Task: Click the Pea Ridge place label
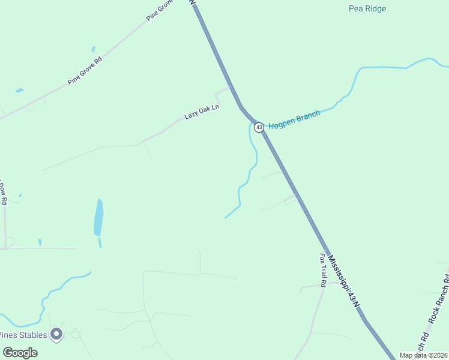click(x=367, y=8)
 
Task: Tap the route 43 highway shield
click(x=259, y=127)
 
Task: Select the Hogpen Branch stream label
click(x=294, y=121)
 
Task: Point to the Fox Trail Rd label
click(x=322, y=269)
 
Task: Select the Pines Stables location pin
click(x=57, y=334)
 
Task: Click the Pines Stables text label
click(x=23, y=335)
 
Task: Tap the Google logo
click(x=20, y=353)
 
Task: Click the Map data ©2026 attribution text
click(x=423, y=355)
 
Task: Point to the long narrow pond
click(x=98, y=217)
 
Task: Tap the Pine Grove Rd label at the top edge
click(x=161, y=10)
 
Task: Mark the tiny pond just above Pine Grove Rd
click(x=93, y=49)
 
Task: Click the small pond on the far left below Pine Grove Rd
click(x=20, y=91)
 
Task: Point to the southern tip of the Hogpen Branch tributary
click(x=226, y=217)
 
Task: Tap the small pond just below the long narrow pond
click(x=100, y=243)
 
